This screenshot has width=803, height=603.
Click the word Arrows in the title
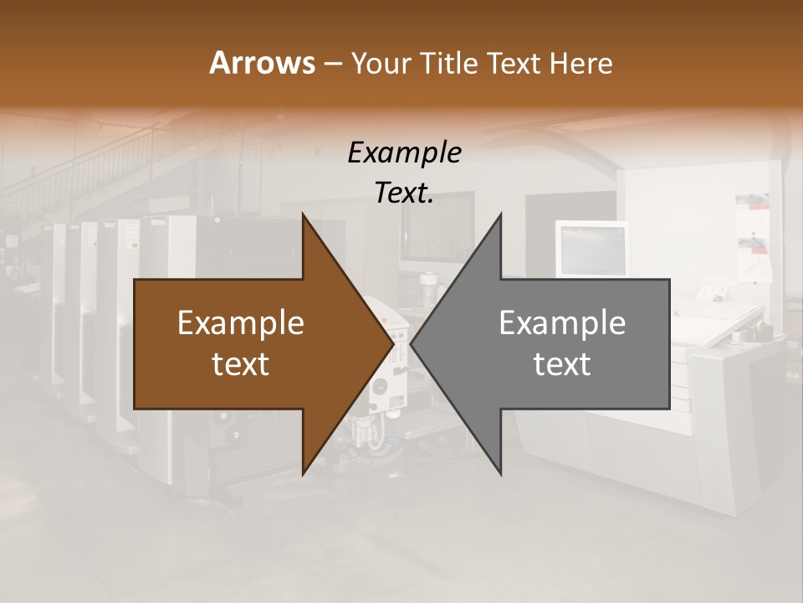point(262,63)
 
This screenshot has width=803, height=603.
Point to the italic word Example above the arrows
point(404,152)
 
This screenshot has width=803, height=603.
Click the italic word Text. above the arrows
point(404,193)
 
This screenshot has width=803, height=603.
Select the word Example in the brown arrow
point(241,323)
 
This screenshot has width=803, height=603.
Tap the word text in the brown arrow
point(241,364)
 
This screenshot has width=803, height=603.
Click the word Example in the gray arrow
point(562,323)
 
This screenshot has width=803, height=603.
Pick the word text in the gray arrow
point(562,364)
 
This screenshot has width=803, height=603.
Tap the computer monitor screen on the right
point(592,250)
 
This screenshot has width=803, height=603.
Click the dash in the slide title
point(332,64)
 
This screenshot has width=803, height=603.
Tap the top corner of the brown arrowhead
point(303,215)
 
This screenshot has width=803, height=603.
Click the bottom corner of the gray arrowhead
point(500,474)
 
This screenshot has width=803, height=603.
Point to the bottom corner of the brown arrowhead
point(303,474)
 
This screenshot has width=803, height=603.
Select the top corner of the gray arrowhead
point(500,215)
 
